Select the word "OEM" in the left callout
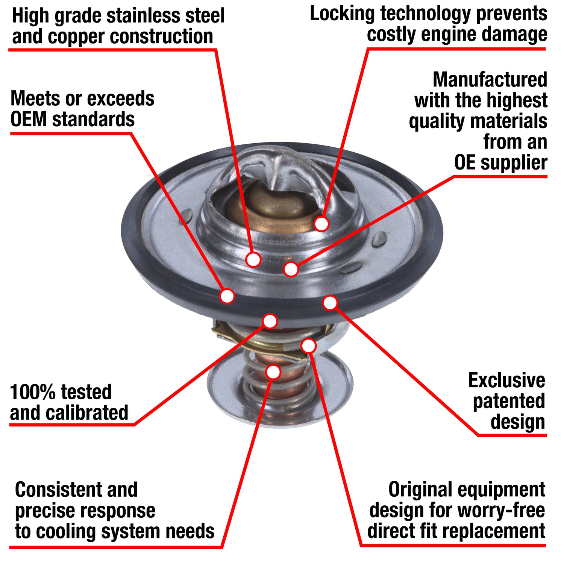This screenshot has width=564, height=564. click(x=29, y=120)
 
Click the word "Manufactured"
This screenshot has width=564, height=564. click(x=490, y=80)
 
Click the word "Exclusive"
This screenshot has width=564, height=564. click(x=506, y=381)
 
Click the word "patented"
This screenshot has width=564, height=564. click(x=509, y=401)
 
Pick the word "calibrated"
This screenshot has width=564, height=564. click(x=92, y=413)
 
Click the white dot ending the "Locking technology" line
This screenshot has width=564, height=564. click(x=321, y=224)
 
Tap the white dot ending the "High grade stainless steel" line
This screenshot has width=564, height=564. click(x=253, y=259)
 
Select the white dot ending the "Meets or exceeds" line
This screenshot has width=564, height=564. click(x=227, y=296)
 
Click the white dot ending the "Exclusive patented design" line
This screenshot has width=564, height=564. click(x=330, y=303)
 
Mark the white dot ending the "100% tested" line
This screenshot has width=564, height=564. click(x=270, y=321)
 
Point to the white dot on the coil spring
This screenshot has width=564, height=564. click(x=273, y=372)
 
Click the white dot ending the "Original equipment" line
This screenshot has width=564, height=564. click(x=309, y=346)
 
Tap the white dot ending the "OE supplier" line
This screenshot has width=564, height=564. click(x=291, y=269)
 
